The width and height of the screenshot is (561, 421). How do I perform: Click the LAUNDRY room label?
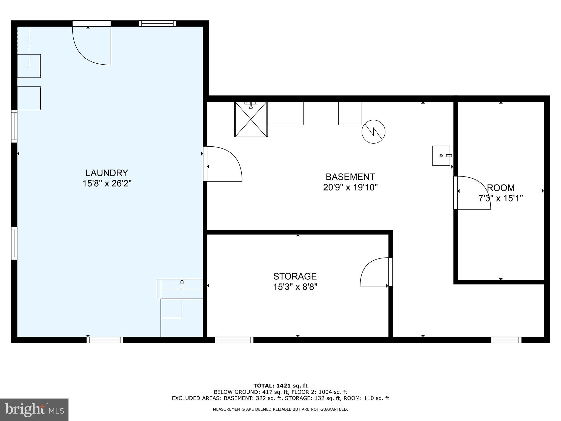[x=107, y=173]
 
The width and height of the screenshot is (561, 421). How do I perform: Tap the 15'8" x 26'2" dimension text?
[x=107, y=183]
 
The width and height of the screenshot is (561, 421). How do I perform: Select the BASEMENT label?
[x=350, y=177]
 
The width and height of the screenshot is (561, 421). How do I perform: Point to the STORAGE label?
[x=295, y=276]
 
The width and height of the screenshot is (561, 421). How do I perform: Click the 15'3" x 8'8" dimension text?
[x=295, y=287]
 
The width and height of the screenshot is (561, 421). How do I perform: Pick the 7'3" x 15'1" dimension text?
[x=500, y=198]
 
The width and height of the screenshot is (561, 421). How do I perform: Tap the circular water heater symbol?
[x=373, y=132]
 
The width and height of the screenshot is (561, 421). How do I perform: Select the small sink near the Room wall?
[x=441, y=156]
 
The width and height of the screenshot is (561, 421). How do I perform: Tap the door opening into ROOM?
[x=473, y=193]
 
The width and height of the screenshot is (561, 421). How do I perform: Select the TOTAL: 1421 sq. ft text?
[x=280, y=386]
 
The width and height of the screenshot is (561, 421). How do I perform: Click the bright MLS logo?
[x=34, y=409]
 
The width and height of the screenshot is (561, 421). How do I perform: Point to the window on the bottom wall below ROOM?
[x=506, y=340]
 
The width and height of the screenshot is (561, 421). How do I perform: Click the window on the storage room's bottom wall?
[x=234, y=340]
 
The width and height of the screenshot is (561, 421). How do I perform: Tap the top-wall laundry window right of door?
[x=157, y=24]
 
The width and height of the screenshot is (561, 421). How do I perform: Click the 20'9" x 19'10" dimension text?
[x=350, y=187]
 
